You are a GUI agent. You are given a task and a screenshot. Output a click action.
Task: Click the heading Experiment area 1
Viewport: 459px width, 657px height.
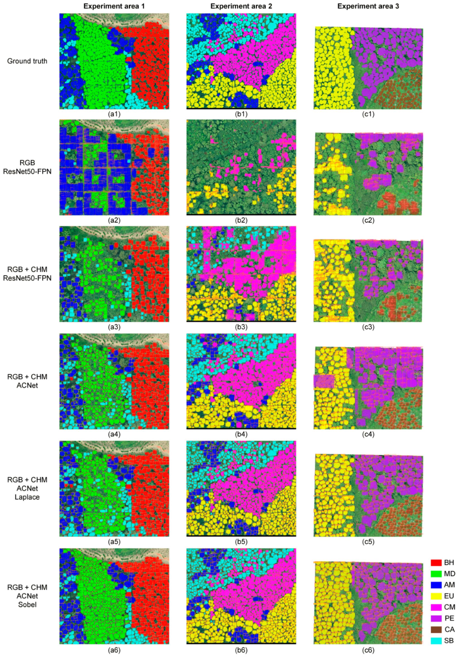pos(114,6)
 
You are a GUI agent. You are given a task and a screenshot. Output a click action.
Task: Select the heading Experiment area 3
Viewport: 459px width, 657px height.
pos(368,6)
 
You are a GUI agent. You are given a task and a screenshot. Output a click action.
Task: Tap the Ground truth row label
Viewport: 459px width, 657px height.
pos(27,61)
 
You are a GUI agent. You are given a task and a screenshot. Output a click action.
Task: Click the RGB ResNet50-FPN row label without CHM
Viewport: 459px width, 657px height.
pos(27,167)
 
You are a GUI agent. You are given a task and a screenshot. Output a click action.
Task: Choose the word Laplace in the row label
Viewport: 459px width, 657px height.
pos(27,497)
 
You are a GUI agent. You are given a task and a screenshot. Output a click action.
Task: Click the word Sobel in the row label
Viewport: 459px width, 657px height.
pos(27,605)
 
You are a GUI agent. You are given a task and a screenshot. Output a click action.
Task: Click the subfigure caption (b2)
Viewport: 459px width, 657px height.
pos(241,220)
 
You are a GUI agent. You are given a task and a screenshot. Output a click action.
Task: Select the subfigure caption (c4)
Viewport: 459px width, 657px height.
pos(368,434)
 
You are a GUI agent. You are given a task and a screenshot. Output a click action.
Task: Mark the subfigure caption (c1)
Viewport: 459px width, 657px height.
pos(368,114)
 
